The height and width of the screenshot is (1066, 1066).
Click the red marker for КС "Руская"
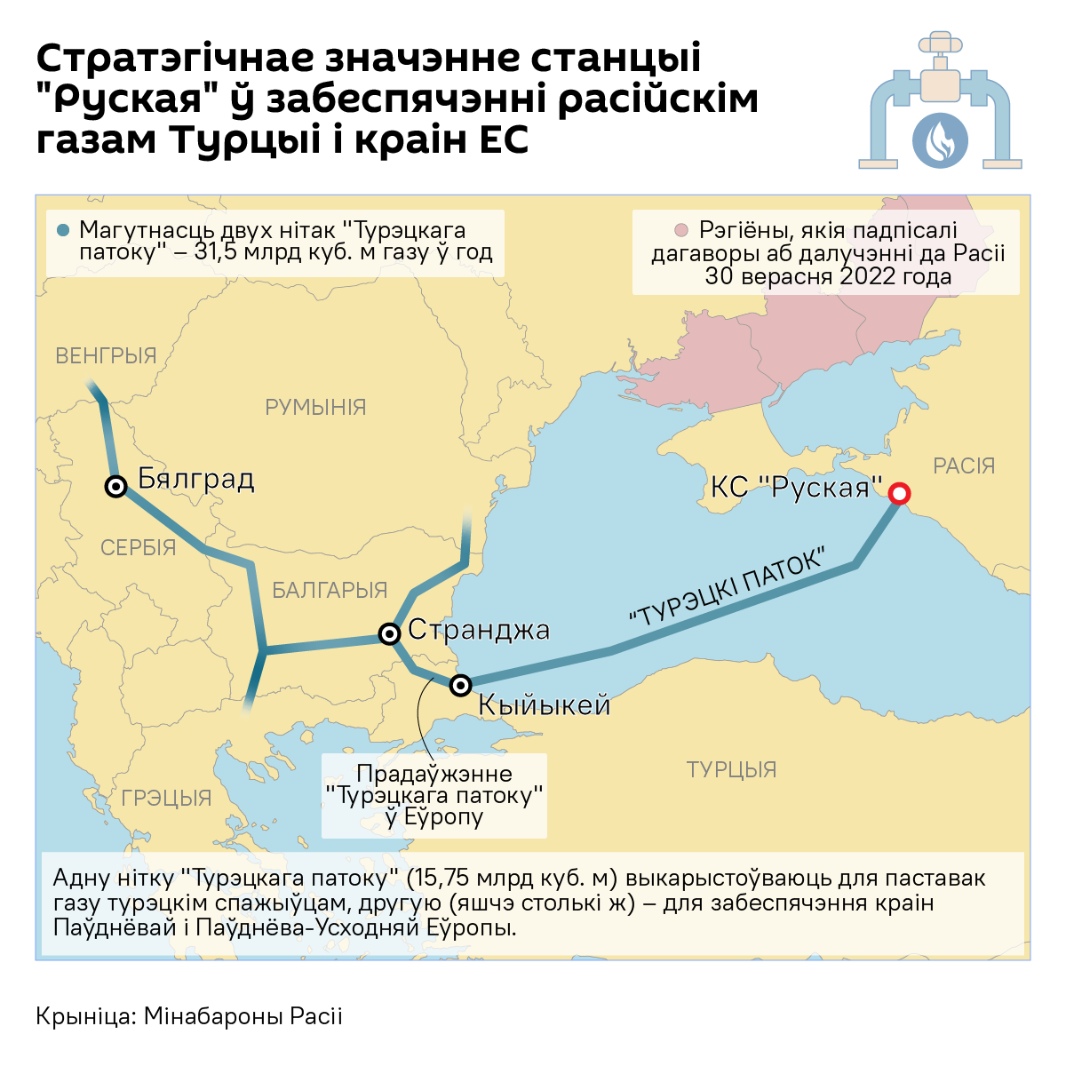point(899,494)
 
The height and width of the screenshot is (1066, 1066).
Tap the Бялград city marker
point(115,486)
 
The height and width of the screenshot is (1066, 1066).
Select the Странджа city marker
point(389,633)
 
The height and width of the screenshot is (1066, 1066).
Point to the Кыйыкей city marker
point(460,685)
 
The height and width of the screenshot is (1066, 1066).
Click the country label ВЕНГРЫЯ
point(106,355)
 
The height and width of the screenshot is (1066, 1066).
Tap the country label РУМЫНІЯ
point(315,407)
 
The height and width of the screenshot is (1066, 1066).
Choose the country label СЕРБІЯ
point(138,547)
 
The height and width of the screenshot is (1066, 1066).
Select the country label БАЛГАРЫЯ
point(330,590)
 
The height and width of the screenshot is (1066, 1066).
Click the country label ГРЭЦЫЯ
point(166,798)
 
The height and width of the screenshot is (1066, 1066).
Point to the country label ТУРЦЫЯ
point(731,769)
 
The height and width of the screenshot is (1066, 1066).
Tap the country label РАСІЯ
point(964,465)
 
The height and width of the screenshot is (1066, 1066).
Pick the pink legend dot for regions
point(681,231)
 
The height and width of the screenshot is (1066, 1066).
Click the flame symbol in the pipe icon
point(940,139)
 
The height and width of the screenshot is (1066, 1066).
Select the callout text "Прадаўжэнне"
point(434,773)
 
